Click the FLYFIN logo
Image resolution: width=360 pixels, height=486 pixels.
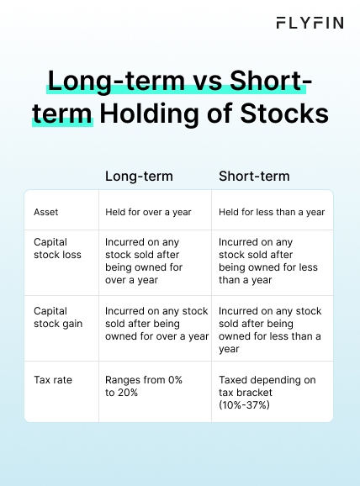(x=310, y=23)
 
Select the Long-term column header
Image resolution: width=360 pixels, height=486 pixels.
(x=139, y=176)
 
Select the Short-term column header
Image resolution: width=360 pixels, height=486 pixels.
(x=254, y=176)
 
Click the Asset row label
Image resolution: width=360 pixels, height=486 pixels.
(x=45, y=212)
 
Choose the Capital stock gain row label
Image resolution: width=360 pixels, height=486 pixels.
(x=52, y=318)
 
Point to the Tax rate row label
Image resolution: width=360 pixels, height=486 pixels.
(x=53, y=380)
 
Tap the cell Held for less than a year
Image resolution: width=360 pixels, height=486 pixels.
(x=272, y=212)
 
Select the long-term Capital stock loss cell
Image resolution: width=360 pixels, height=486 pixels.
(x=145, y=261)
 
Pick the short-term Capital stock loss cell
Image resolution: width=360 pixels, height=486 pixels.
(x=265, y=261)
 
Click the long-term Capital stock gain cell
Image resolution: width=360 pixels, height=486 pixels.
(x=156, y=324)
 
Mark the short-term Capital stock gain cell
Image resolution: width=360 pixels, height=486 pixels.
(x=270, y=330)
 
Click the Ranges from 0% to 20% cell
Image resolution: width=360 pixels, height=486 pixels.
(x=143, y=386)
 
